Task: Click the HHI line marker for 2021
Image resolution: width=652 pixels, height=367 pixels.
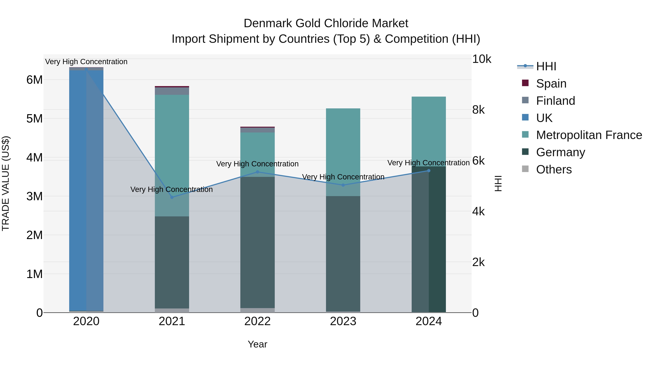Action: click(x=172, y=197)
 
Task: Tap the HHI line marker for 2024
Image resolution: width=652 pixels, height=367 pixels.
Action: click(x=429, y=171)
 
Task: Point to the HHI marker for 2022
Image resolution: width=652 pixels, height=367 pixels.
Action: click(x=257, y=172)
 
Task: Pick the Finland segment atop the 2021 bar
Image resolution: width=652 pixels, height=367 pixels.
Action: click(x=172, y=91)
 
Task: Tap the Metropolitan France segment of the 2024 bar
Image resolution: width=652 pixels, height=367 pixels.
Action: click(x=429, y=129)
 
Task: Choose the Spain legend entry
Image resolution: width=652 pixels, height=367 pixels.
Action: click(x=551, y=84)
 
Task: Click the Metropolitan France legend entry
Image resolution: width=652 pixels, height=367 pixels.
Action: click(x=589, y=135)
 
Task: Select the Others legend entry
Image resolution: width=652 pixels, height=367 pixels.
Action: click(x=553, y=169)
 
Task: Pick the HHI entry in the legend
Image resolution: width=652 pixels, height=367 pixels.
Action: click(x=546, y=66)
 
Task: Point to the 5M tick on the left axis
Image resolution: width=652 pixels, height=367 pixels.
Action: click(x=34, y=119)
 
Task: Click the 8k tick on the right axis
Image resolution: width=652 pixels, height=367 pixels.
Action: click(x=478, y=110)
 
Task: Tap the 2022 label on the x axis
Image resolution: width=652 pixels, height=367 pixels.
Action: click(x=257, y=321)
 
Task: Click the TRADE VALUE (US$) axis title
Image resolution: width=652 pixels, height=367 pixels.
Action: click(x=6, y=183)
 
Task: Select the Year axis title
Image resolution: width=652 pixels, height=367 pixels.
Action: click(x=257, y=344)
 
